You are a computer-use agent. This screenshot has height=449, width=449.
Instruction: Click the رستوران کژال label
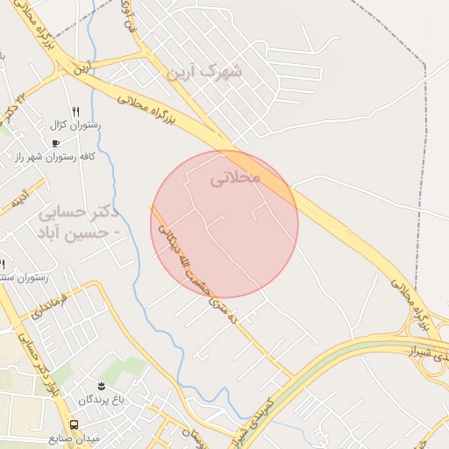click(x=77, y=125)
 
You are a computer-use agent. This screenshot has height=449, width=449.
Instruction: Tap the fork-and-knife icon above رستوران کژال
click(x=76, y=111)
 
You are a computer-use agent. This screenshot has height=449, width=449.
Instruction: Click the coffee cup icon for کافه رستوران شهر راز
click(x=56, y=143)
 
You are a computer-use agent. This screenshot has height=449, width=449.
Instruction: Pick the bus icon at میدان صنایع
click(x=74, y=424)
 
